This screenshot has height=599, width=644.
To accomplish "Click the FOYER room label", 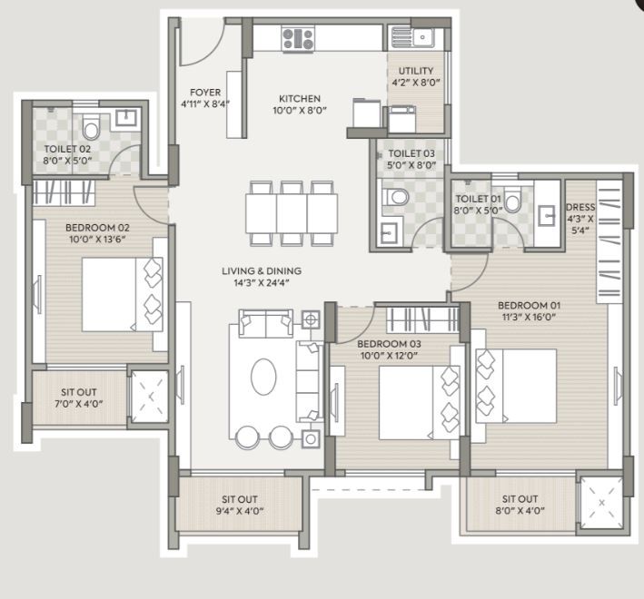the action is [x=205, y=93].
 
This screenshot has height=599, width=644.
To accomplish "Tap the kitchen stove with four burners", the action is [x=299, y=39].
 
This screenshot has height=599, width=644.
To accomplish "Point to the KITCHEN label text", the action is [x=300, y=98].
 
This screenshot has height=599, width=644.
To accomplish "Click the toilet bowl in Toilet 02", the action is [x=91, y=127].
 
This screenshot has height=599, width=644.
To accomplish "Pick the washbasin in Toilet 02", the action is [x=125, y=118].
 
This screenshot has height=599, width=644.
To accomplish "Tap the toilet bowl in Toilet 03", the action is [x=395, y=197].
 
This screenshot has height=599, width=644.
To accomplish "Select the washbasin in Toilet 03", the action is [x=388, y=233].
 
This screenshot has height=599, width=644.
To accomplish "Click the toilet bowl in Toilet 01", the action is [x=512, y=200].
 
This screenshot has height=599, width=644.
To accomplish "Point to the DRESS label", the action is [x=580, y=207].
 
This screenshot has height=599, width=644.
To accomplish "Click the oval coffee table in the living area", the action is [x=263, y=377].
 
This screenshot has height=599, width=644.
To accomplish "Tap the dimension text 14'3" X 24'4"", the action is [x=262, y=282].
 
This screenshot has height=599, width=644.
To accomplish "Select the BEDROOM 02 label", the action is [x=97, y=227].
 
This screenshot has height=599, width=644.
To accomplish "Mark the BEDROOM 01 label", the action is [x=529, y=305].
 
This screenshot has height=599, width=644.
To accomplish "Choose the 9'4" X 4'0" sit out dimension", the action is [x=240, y=511].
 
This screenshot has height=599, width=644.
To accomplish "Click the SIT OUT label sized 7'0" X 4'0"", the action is [x=79, y=392].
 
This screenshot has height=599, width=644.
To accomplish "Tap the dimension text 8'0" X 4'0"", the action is [x=520, y=511].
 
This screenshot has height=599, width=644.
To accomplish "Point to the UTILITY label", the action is [x=416, y=71].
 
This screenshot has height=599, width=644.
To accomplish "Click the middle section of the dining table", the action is [x=292, y=214].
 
